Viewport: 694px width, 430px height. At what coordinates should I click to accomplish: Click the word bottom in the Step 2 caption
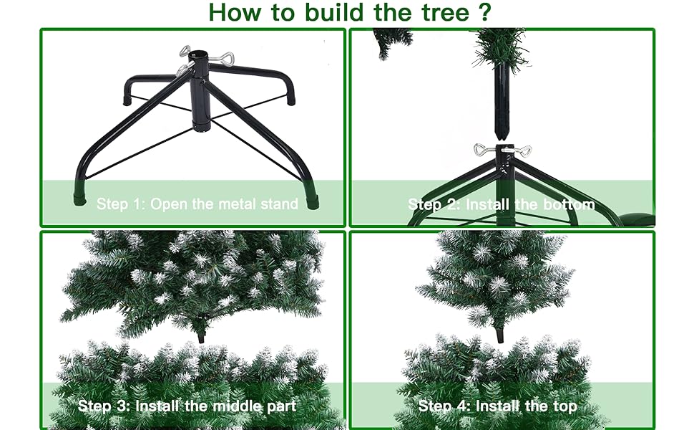567,204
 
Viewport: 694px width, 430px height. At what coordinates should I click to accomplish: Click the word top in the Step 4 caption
564,406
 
